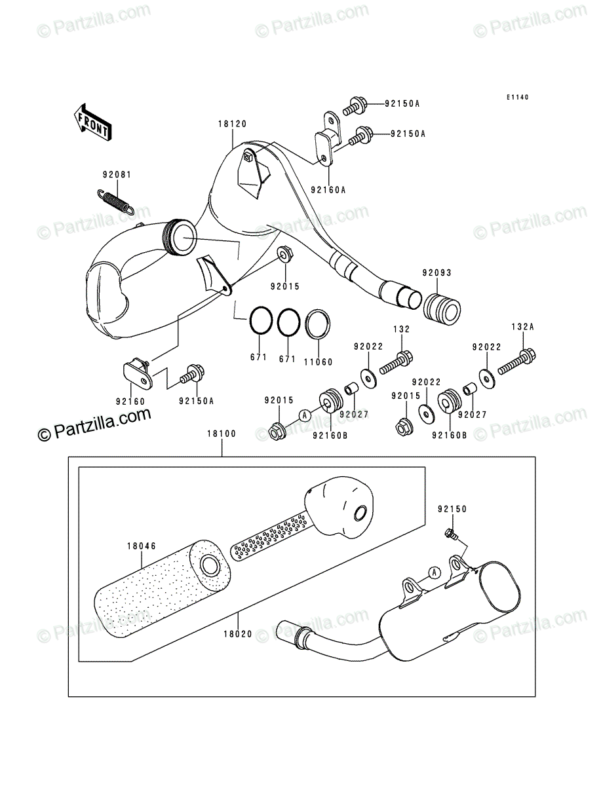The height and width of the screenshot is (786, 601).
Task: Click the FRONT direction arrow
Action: [x=93, y=122]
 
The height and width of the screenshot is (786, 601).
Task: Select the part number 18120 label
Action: [x=233, y=124]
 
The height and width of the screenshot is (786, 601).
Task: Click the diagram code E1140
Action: [x=517, y=97]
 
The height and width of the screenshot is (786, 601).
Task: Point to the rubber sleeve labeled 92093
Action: [x=442, y=309]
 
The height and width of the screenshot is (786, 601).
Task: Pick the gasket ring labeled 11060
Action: [x=318, y=324]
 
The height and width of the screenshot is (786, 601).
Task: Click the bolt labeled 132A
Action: [x=517, y=362]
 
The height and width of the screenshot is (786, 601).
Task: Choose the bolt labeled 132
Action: [x=396, y=362]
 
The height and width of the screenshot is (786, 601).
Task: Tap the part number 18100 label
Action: [x=222, y=434]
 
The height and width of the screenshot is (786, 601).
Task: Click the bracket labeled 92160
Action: [x=138, y=373]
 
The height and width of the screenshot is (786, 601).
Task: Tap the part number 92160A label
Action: [x=328, y=190]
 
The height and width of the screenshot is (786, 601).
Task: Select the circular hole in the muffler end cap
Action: [x=360, y=514]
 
